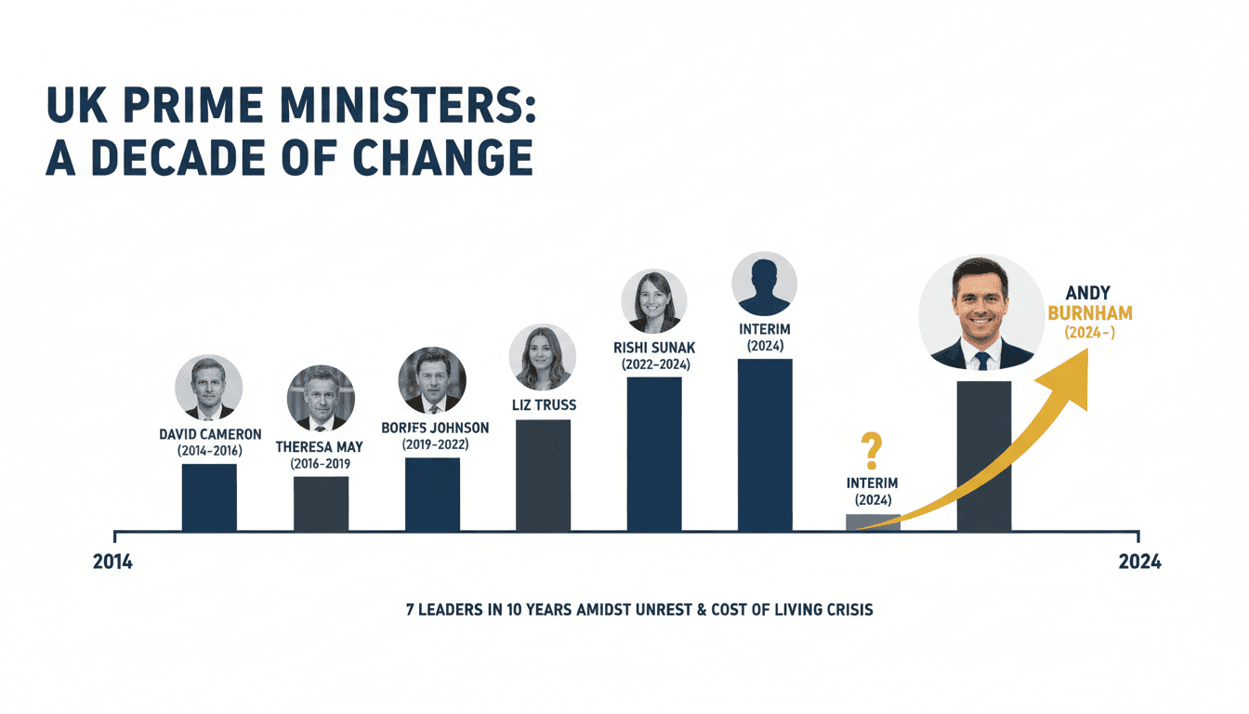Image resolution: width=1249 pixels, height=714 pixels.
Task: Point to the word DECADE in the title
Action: coord(177,158)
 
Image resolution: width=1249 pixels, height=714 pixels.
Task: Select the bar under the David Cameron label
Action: coord(209,497)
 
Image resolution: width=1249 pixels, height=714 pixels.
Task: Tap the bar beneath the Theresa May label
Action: coord(322,503)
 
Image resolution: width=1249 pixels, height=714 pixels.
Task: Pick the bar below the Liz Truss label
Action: coord(543,475)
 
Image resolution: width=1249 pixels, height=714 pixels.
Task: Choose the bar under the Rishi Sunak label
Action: coord(654,454)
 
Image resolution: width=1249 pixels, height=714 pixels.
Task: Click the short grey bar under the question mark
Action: coord(873,522)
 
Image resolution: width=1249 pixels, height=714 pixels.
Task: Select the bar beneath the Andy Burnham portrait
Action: coord(983,456)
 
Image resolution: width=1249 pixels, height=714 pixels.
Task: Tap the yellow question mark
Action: coord(872,451)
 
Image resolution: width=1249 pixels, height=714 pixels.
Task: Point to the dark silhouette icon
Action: coord(765,284)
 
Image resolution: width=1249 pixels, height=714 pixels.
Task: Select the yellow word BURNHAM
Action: coord(1090,313)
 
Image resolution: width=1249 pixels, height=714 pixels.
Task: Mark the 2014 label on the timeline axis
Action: coord(112,562)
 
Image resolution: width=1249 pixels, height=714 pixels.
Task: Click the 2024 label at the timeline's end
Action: coord(1139,562)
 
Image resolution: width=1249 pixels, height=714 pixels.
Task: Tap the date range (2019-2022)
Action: coord(436,444)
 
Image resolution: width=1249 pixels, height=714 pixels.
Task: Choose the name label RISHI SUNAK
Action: coord(654,348)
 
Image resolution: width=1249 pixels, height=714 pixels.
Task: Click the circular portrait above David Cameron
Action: coord(208,388)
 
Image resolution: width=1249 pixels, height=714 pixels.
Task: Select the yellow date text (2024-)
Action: coord(1090,333)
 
